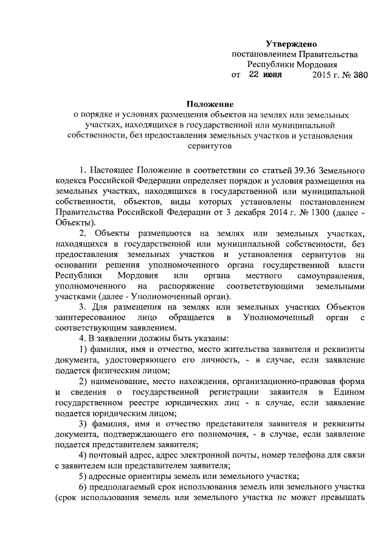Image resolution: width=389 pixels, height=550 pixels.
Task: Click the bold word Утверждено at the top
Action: [291, 43]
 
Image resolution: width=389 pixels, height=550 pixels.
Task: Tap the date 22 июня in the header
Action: [266, 75]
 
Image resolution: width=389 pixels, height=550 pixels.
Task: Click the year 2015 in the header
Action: [319, 75]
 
